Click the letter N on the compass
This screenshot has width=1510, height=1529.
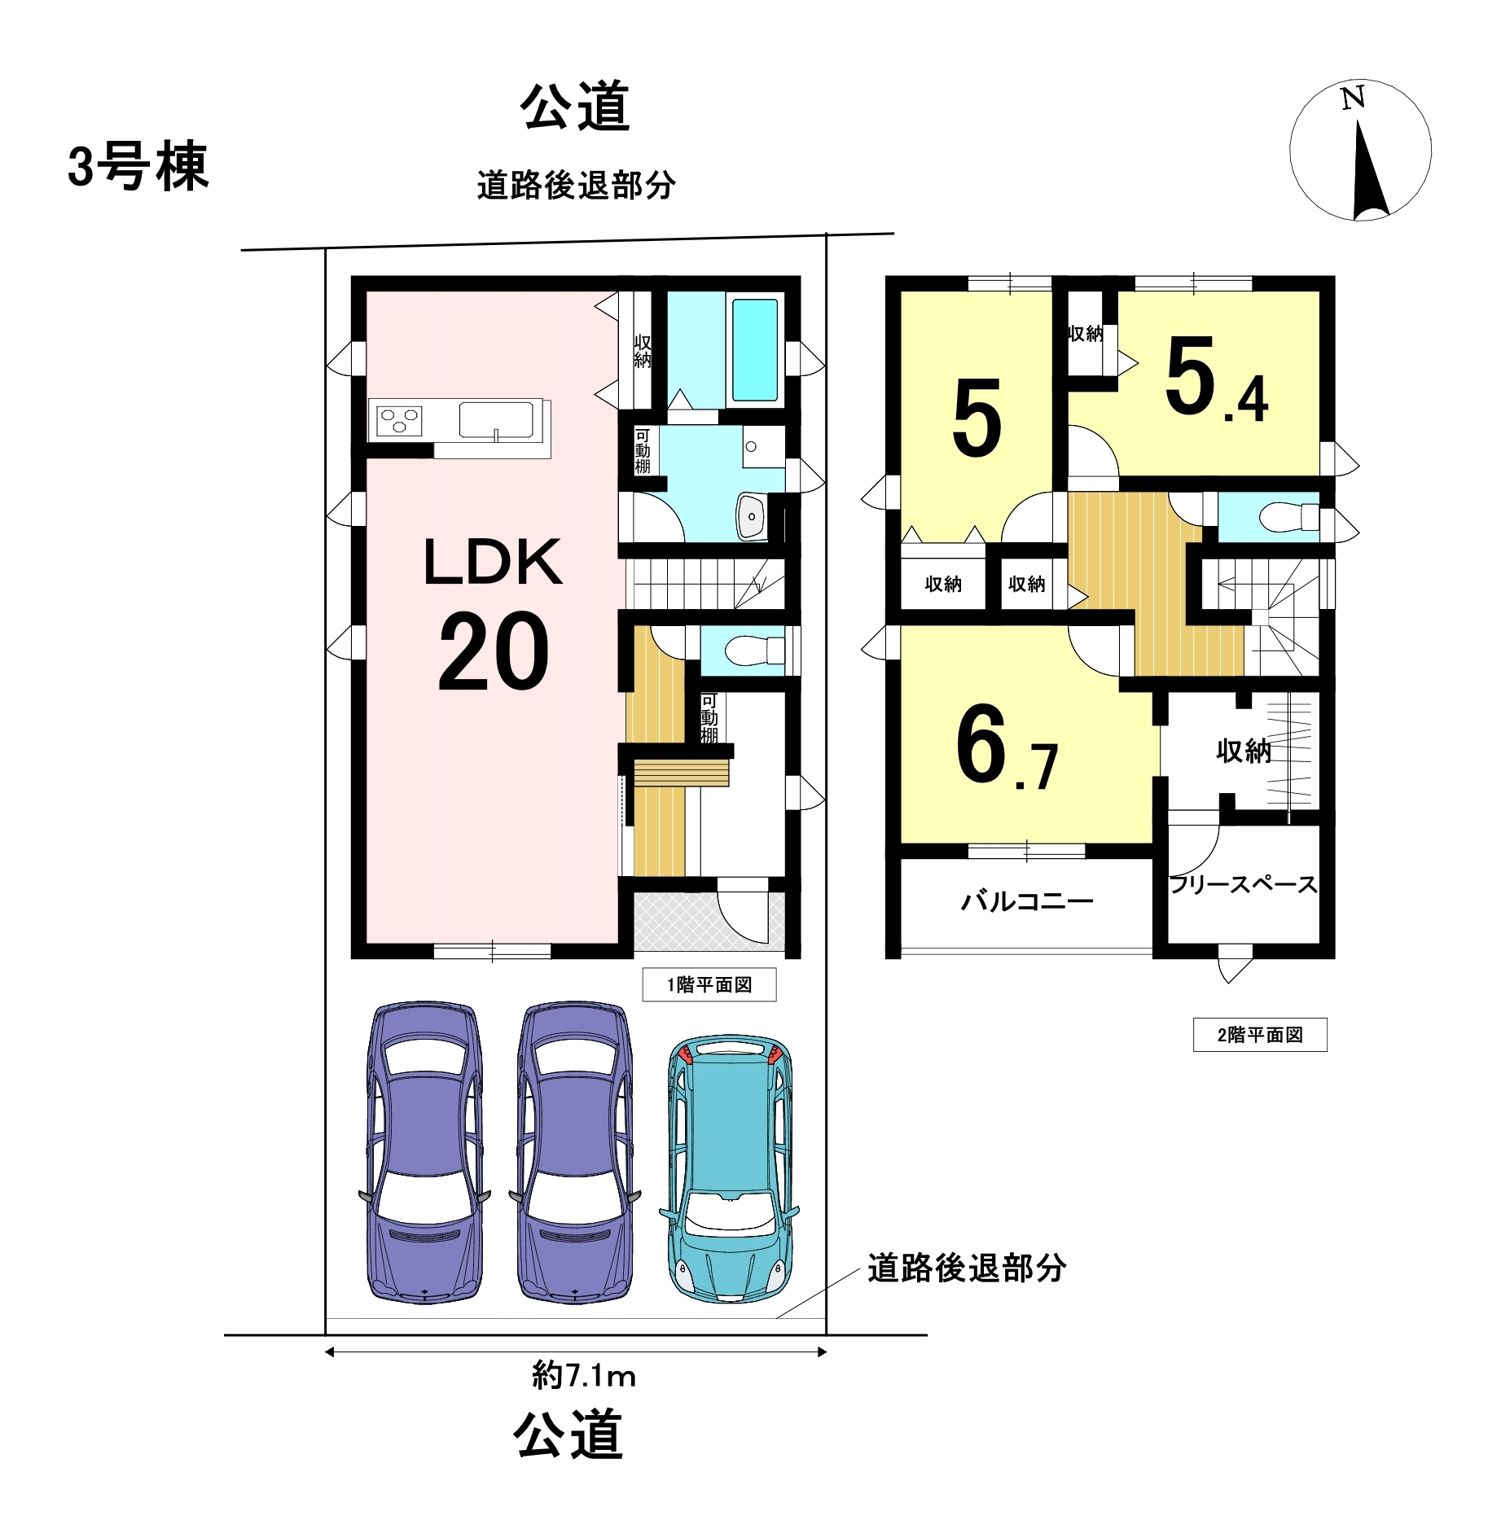(x=1352, y=99)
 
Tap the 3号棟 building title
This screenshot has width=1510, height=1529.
(x=138, y=167)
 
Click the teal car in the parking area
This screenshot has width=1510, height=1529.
(x=730, y=1169)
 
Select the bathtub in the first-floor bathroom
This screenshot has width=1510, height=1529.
(x=754, y=350)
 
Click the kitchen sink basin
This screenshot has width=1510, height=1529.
(x=496, y=420)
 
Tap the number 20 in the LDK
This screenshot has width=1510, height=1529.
(x=494, y=651)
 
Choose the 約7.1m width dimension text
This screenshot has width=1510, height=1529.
(x=584, y=1375)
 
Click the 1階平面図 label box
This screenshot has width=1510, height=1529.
(x=709, y=984)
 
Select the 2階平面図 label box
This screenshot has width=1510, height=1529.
(x=1260, y=1035)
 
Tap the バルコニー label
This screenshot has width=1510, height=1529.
(x=1027, y=901)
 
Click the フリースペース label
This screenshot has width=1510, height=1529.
(x=1243, y=884)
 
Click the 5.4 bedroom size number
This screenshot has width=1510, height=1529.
(x=1217, y=379)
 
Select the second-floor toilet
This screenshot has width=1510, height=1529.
(x=1288, y=517)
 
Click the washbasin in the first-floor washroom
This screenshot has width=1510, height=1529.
(x=751, y=516)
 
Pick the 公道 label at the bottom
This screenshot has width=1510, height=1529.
(x=568, y=1434)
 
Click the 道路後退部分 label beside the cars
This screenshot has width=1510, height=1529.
(x=967, y=1268)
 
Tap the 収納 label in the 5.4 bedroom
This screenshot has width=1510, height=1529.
(x=1086, y=333)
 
